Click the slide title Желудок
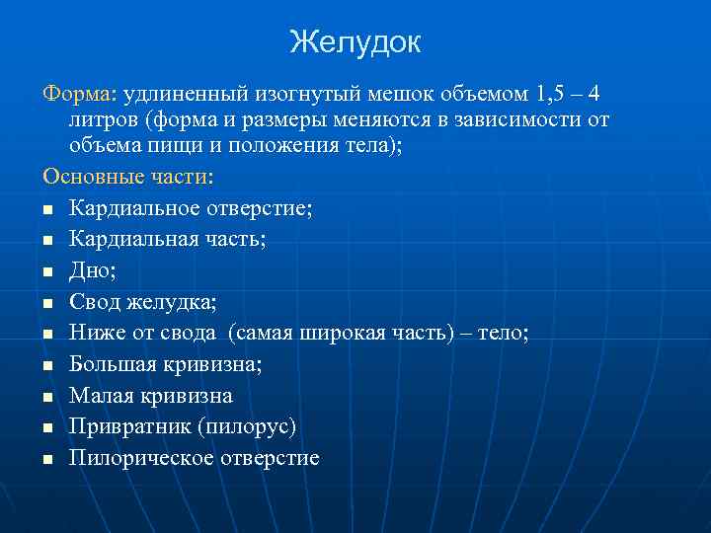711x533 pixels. click(x=355, y=41)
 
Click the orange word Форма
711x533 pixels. click(x=77, y=95)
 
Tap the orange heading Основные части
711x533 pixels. click(x=125, y=176)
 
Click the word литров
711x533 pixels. click(x=104, y=120)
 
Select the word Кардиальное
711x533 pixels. click(x=131, y=207)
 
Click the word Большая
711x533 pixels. click(x=112, y=364)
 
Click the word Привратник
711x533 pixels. click(x=122, y=426)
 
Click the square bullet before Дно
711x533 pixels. click(x=47, y=269)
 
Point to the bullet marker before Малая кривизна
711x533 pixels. click(x=47, y=397)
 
